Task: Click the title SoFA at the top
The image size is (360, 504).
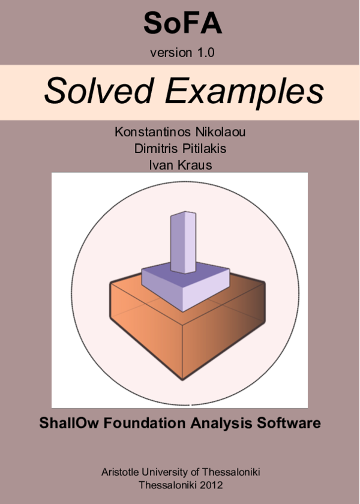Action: click(x=182, y=24)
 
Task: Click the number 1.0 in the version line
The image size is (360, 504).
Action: click(x=204, y=53)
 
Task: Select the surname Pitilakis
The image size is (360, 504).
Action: click(x=204, y=148)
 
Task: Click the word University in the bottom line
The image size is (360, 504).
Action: click(x=170, y=472)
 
